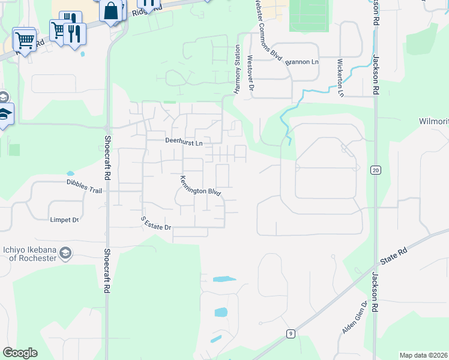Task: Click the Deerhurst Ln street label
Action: [184, 143]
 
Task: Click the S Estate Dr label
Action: [157, 224]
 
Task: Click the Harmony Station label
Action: [237, 69]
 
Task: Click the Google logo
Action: [20, 353]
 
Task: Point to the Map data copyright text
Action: [424, 355]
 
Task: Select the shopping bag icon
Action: [110, 10]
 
